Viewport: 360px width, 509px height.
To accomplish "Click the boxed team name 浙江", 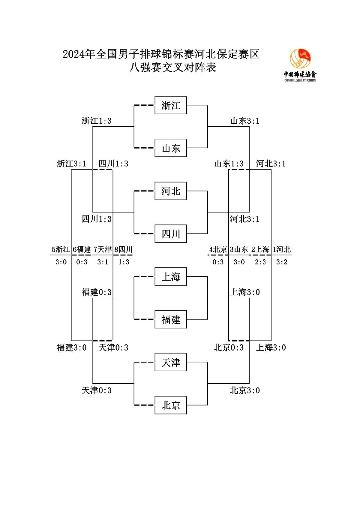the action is pos(171,105).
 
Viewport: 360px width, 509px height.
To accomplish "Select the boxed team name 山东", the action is pos(171,148).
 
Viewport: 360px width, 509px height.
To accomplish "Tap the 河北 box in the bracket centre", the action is pos(171,191).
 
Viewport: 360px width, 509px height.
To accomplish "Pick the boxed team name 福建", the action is pos(171,319).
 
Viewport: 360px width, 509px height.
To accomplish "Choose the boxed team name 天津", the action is pos(171,362).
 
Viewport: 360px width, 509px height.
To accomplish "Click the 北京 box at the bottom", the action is pos(171,405).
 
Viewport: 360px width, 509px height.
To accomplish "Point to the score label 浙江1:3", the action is pos(97,121).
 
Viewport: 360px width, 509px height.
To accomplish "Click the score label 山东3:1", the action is pos(245,121).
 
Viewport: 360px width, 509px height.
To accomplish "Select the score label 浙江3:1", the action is pos(71,163).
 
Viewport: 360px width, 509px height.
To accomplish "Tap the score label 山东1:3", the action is pos(229,163).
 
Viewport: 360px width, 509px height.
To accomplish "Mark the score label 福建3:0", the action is pos(71,348).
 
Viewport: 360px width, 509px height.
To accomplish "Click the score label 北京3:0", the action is pos(245,390).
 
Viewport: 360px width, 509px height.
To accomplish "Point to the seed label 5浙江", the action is pos(61,249).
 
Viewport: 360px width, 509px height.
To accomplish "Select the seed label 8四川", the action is pos(123,249).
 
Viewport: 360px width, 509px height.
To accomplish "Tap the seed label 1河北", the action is pos(282,249).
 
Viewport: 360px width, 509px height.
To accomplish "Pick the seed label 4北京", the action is pos(218,249).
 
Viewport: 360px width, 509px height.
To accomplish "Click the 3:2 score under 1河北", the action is pos(282,262).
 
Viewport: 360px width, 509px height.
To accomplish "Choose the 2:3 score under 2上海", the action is pos(260,262).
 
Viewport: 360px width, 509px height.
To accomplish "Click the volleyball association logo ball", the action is pos(300,59).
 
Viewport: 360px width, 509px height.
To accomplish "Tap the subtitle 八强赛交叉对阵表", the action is pos(172,68).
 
